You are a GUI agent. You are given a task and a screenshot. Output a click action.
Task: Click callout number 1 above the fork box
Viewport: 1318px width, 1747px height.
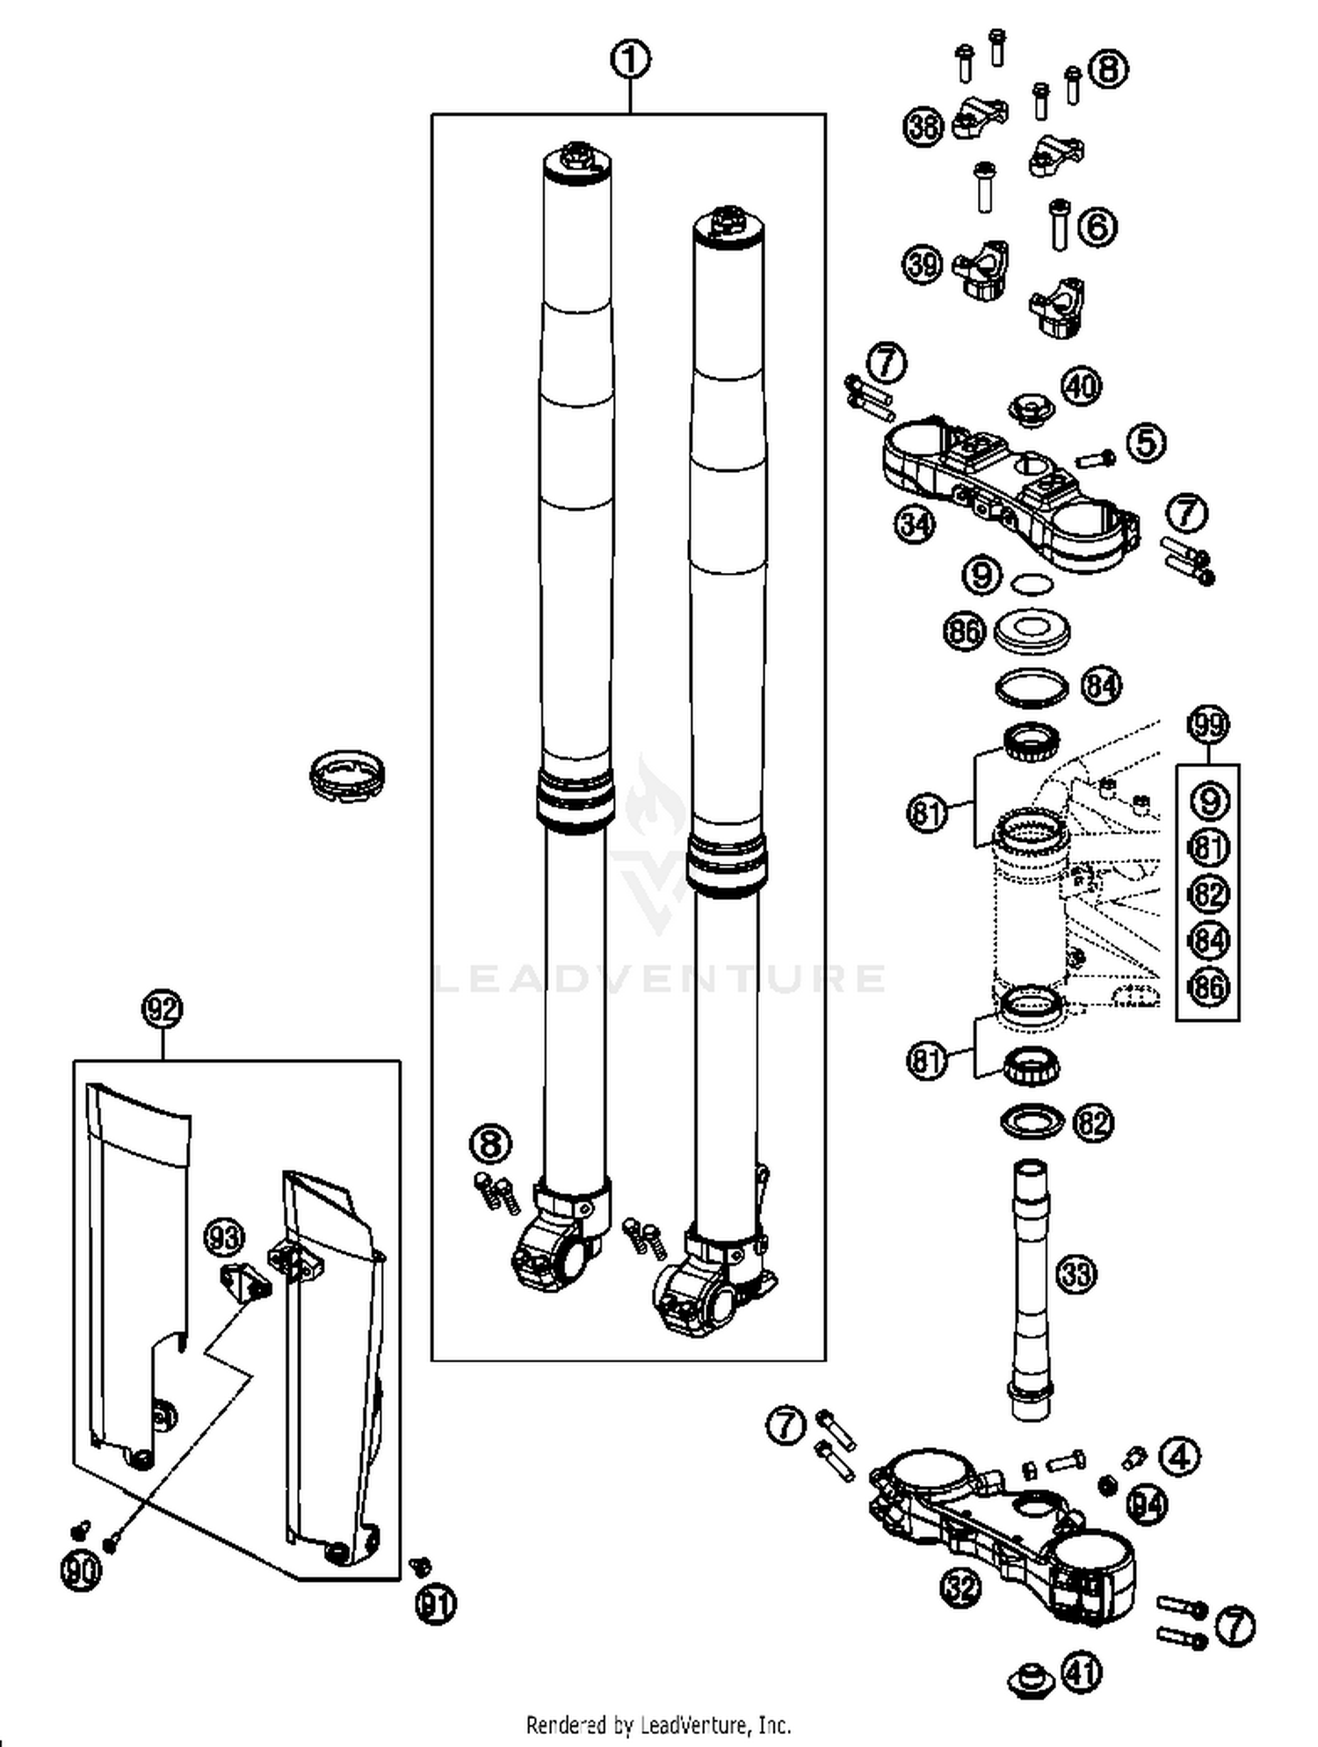pyautogui.click(x=630, y=61)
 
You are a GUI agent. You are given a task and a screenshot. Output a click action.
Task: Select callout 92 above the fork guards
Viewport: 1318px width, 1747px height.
pyautogui.click(x=163, y=1009)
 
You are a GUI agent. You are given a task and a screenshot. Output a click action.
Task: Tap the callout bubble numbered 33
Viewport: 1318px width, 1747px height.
pyautogui.click(x=1076, y=1273)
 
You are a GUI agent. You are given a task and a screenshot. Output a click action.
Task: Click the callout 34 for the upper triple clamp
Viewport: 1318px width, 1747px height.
pyautogui.click(x=916, y=525)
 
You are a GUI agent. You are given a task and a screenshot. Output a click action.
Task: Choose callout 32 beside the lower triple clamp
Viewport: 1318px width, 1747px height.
pyautogui.click(x=961, y=1587)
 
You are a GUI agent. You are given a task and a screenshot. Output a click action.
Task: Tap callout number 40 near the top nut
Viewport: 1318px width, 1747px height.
pyautogui.click(x=1083, y=386)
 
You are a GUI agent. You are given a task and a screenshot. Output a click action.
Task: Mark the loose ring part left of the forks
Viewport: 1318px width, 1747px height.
pyautogui.click(x=347, y=773)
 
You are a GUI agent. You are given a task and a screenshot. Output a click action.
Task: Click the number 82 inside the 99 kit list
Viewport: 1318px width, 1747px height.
pyautogui.click(x=1208, y=895)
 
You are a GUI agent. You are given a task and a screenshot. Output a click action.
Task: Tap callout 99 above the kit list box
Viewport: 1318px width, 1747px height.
pyautogui.click(x=1208, y=724)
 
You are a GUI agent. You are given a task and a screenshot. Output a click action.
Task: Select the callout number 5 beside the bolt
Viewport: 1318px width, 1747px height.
pyautogui.click(x=1147, y=442)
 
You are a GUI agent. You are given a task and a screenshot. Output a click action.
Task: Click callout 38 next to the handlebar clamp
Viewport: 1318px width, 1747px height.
pyautogui.click(x=923, y=127)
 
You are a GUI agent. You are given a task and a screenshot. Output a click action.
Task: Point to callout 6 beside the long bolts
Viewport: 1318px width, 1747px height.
pyautogui.click(x=1097, y=228)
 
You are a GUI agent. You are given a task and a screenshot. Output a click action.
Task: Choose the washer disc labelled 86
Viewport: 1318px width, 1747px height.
pyautogui.click(x=1033, y=629)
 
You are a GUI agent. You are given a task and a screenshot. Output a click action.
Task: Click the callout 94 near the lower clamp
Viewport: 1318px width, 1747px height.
pyautogui.click(x=1146, y=1505)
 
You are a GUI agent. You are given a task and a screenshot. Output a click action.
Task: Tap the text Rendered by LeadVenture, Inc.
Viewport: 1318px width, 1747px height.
pyautogui.click(x=658, y=1724)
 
